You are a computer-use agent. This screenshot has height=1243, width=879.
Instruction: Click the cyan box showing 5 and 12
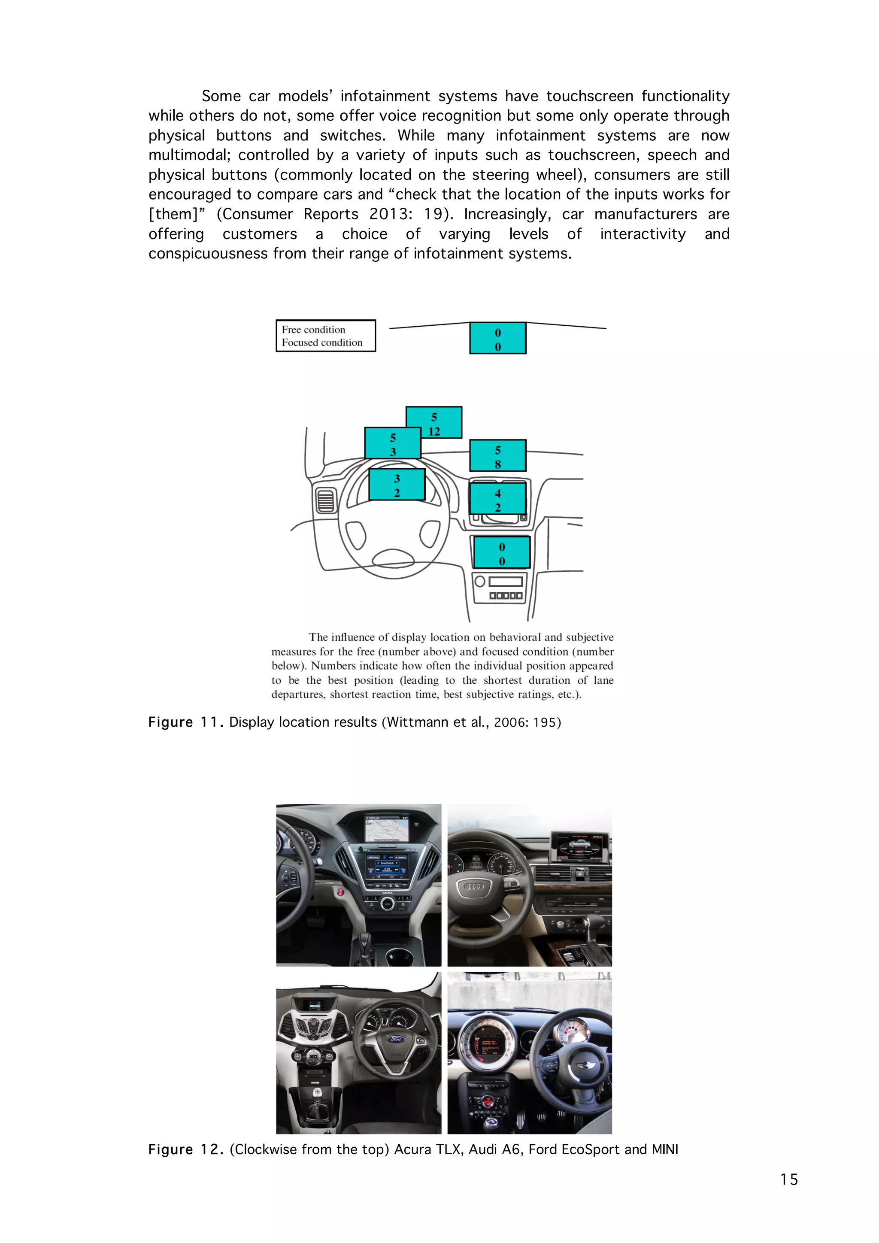(434, 422)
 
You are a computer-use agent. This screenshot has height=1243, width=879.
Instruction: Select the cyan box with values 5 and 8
(497, 455)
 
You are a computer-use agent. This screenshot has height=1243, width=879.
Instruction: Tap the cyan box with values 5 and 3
(392, 443)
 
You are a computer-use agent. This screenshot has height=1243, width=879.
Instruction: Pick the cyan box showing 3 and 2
(397, 485)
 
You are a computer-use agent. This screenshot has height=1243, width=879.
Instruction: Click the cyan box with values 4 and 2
(497, 499)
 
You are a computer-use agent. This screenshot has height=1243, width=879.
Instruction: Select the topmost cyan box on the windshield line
(497, 338)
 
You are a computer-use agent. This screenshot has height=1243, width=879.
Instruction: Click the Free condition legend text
(313, 330)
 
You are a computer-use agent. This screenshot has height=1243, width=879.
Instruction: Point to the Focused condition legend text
(322, 343)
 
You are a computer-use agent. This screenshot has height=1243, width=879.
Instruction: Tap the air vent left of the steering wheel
(325, 500)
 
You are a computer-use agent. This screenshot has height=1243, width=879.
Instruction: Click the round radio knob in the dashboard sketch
(479, 582)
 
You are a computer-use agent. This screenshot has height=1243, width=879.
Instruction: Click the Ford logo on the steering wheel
(396, 1039)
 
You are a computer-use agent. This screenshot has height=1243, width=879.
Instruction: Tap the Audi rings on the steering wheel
(474, 887)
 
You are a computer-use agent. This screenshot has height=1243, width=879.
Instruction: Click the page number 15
(788, 1179)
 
